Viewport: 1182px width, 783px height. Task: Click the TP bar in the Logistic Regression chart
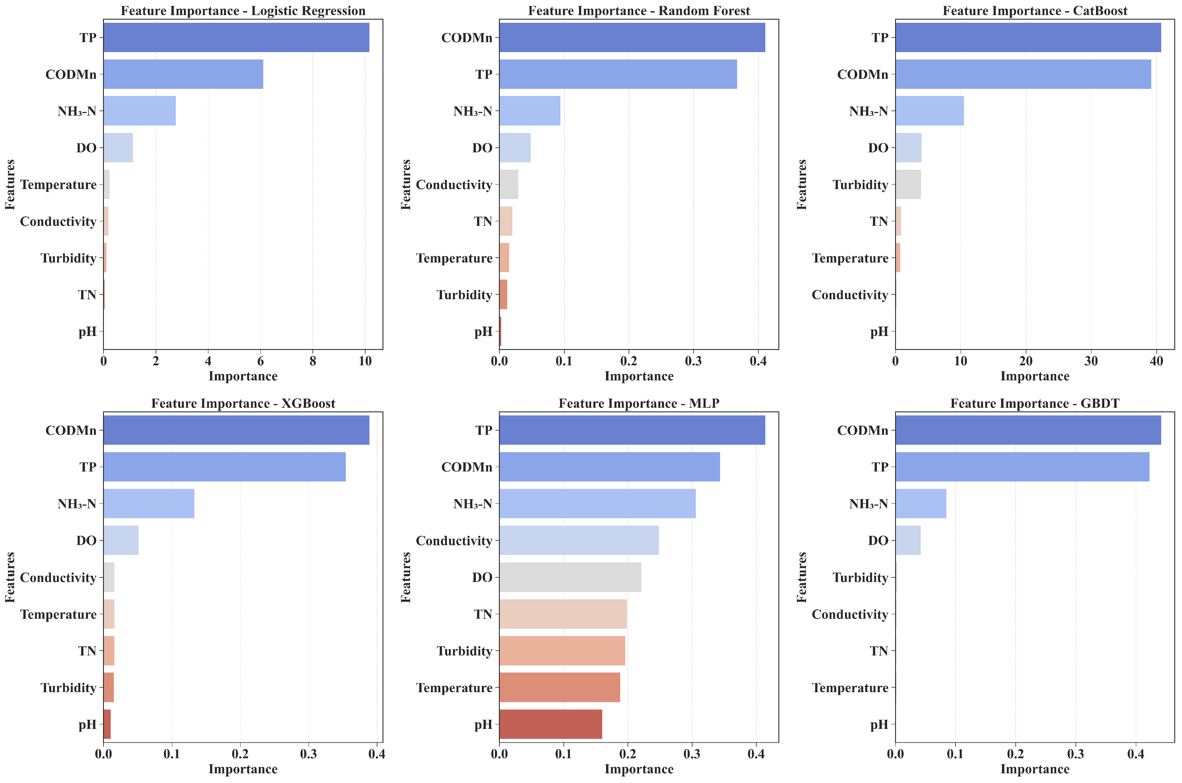(236, 38)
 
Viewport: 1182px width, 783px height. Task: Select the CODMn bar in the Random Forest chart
(632, 38)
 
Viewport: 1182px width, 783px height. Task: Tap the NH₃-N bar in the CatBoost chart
(930, 111)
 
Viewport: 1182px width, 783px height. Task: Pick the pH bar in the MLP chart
(550, 724)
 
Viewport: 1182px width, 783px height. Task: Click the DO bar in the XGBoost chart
(121, 540)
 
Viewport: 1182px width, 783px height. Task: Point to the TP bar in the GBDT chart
(1022, 467)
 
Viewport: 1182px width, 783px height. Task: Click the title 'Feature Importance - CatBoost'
(1035, 11)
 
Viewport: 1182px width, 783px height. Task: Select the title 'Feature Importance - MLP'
(639, 403)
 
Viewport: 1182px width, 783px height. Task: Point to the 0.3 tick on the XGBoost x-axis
(309, 754)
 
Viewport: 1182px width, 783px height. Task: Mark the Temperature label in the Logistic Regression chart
(58, 185)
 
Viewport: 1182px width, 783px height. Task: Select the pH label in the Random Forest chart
(483, 332)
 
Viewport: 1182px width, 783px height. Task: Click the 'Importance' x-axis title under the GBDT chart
(1035, 769)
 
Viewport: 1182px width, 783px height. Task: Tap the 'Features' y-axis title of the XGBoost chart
(10, 577)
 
